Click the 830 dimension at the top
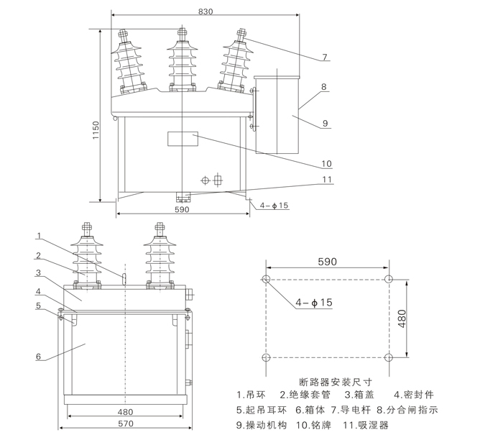point(206,10)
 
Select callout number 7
point(325,57)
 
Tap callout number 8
point(324,86)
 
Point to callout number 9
point(326,124)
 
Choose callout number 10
point(326,162)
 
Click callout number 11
point(327,179)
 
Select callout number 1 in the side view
point(40,236)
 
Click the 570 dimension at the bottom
point(126,423)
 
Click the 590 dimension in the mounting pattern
point(327,262)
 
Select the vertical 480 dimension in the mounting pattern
point(402,317)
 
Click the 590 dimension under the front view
point(182,209)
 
